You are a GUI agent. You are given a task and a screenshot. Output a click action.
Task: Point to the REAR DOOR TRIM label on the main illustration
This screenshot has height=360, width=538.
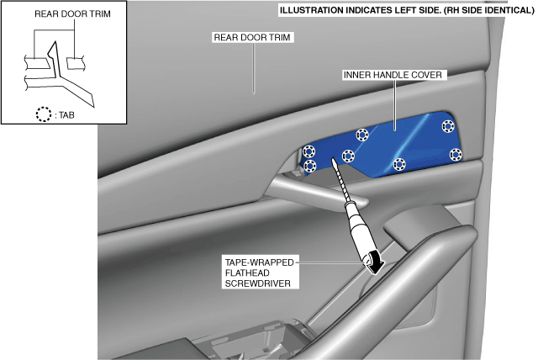pos(254,38)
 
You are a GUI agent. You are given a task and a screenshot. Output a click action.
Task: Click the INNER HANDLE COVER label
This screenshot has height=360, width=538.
pos(393,75)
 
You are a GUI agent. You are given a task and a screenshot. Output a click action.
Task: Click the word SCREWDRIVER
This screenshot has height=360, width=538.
pos(257,283)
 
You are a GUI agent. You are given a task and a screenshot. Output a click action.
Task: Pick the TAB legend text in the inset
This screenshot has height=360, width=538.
pos(65,116)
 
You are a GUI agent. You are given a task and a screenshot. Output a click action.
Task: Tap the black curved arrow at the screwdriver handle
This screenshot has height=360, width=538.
pos(376,263)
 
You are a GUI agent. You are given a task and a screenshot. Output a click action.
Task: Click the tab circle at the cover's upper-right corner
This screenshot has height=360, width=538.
pos(446,126)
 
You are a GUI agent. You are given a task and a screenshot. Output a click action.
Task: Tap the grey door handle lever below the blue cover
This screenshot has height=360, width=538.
pos(311,195)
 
